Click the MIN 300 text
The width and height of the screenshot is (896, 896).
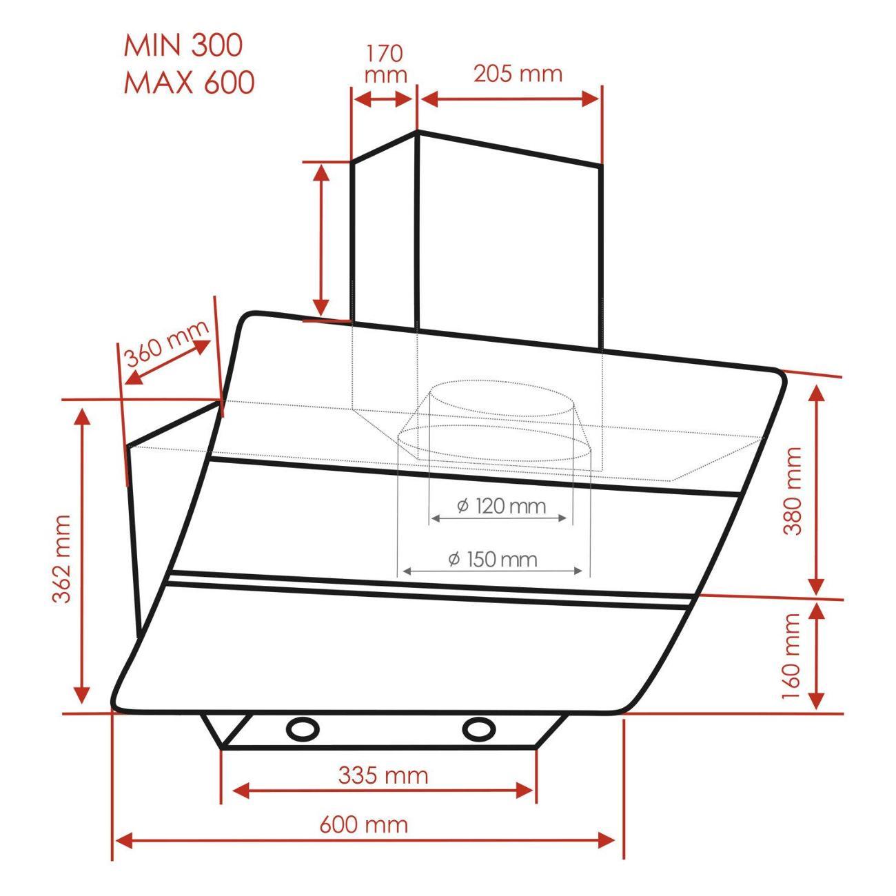click(183, 45)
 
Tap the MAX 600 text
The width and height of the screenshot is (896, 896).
click(190, 82)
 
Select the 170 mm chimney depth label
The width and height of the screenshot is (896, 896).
click(385, 63)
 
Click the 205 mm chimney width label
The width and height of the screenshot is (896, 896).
click(518, 74)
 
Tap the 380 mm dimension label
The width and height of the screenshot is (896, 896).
click(792, 491)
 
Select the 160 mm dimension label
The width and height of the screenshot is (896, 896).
click(791, 657)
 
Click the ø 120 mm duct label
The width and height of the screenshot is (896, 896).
click(501, 506)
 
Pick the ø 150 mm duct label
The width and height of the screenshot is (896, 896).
click(492, 560)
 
